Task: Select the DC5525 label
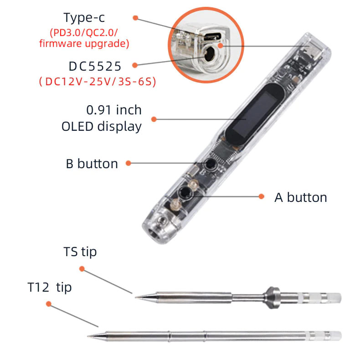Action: (x=95, y=67)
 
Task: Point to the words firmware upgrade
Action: (x=90, y=44)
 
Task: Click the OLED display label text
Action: (x=102, y=126)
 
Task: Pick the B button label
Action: (x=92, y=164)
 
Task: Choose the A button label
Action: (x=301, y=197)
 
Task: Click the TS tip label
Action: (x=80, y=252)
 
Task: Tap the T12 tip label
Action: (x=49, y=288)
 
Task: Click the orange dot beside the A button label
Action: (x=262, y=196)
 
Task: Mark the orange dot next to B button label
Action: (x=129, y=163)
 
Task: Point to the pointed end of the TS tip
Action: (x=136, y=297)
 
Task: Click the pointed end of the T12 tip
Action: (x=90, y=336)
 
